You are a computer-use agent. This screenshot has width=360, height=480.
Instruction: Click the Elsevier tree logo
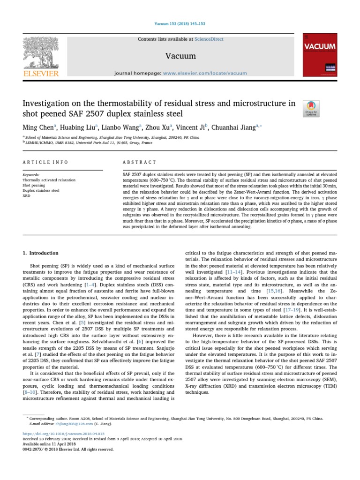pyautogui.click(x=41, y=54)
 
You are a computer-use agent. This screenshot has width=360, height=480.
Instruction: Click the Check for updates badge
pyautogui.click(x=312, y=109)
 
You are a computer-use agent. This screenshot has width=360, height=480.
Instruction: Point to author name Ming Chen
pyautogui.click(x=38, y=127)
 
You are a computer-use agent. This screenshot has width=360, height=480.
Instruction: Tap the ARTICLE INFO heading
pyautogui.click(x=45, y=162)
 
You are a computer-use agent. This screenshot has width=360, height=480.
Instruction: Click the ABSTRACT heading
pyautogui.click(x=139, y=162)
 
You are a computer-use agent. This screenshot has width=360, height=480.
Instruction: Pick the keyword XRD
pyautogui.click(x=27, y=196)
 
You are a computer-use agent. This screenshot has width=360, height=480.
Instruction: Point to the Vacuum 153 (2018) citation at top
pyautogui.click(x=180, y=24)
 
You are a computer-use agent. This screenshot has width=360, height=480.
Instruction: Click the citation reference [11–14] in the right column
pyautogui.click(x=234, y=271)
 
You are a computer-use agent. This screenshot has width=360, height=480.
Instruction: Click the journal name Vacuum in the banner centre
pyautogui.click(x=180, y=56)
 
